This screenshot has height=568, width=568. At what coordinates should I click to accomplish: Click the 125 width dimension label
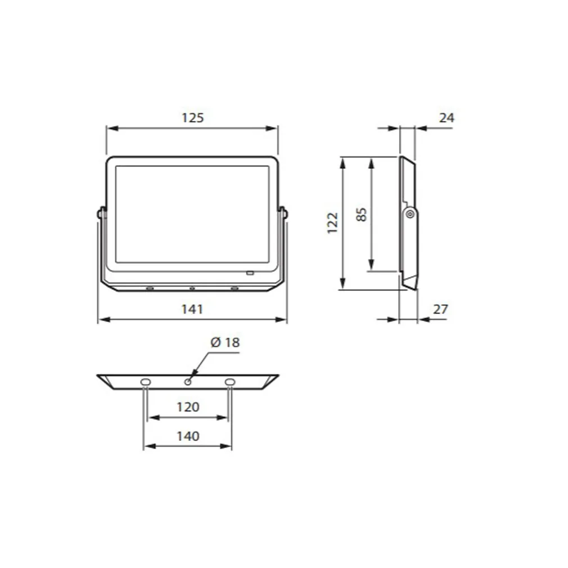coord(192,118)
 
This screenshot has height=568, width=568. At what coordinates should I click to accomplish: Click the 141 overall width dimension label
coord(192,309)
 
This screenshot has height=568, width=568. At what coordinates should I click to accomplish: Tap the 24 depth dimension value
coord(447,118)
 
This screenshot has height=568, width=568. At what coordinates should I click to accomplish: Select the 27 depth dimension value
coord(441,309)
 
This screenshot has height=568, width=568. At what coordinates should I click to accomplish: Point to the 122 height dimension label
coord(332,223)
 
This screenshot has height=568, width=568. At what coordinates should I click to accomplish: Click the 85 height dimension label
coord(362,214)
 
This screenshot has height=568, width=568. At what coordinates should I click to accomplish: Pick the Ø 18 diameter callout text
coord(225,342)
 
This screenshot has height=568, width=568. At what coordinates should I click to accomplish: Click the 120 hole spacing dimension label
coord(188,407)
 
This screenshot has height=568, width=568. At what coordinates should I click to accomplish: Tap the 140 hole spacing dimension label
coord(188,436)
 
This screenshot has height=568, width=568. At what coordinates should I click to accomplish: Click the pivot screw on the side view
coord(410,213)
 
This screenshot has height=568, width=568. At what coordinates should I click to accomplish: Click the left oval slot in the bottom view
coord(146,382)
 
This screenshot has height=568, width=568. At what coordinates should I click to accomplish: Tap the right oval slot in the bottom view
coord(229,382)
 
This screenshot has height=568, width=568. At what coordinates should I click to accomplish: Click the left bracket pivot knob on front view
coord(101,213)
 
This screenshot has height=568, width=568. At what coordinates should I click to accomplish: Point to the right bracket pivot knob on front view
coord(283,213)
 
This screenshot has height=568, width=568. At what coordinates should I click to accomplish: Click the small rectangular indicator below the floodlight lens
coord(250,274)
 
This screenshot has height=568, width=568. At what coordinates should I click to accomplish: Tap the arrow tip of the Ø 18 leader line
coord(191,377)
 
